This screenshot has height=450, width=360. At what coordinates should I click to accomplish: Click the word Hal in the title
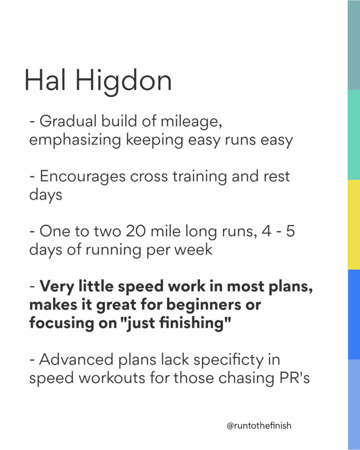coord(46,81)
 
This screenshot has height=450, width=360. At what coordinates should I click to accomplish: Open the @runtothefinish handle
coord(259,426)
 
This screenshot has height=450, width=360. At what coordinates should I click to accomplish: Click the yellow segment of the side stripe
coord(353,225)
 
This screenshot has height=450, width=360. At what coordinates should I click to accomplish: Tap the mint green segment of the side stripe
coord(353,135)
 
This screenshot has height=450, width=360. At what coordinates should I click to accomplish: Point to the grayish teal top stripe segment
coord(353,45)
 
